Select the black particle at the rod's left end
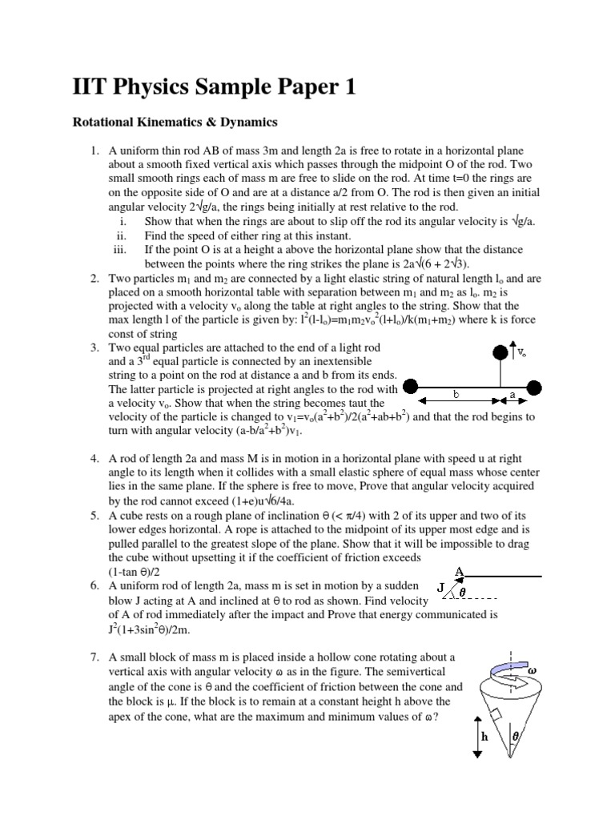pyautogui.click(x=409, y=387)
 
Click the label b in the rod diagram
pyautogui.click(x=456, y=395)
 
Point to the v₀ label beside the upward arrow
pyautogui.click(x=521, y=352)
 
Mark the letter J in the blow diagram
pyautogui.click(x=441, y=588)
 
